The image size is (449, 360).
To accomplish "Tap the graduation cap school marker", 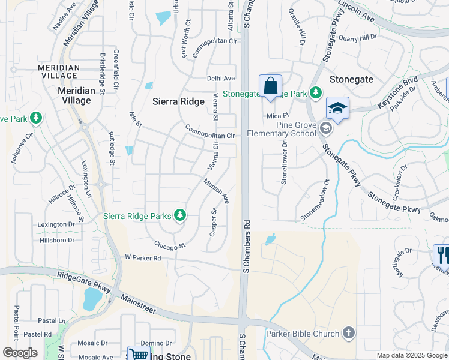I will coord(337,108).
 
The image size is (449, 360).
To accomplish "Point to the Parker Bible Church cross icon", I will coord(348,332).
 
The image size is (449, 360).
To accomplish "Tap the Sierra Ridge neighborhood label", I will coord(179,101).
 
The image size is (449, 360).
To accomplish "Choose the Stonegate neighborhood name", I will coord(351,79).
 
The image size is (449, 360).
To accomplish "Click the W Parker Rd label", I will coord(143,258).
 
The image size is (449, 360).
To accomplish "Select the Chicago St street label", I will coord(170,245).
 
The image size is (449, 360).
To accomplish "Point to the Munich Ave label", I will coord(216,191).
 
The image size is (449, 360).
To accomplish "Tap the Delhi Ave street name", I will coord(221,78).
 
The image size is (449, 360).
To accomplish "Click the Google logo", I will coord(20,353).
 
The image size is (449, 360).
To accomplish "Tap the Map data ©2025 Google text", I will coord(411,355).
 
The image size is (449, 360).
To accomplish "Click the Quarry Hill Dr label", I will coord(357,37).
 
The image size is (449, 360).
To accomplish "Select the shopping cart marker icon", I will coord(139,354).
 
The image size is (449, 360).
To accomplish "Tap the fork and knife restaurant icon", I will coord(441,254).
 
